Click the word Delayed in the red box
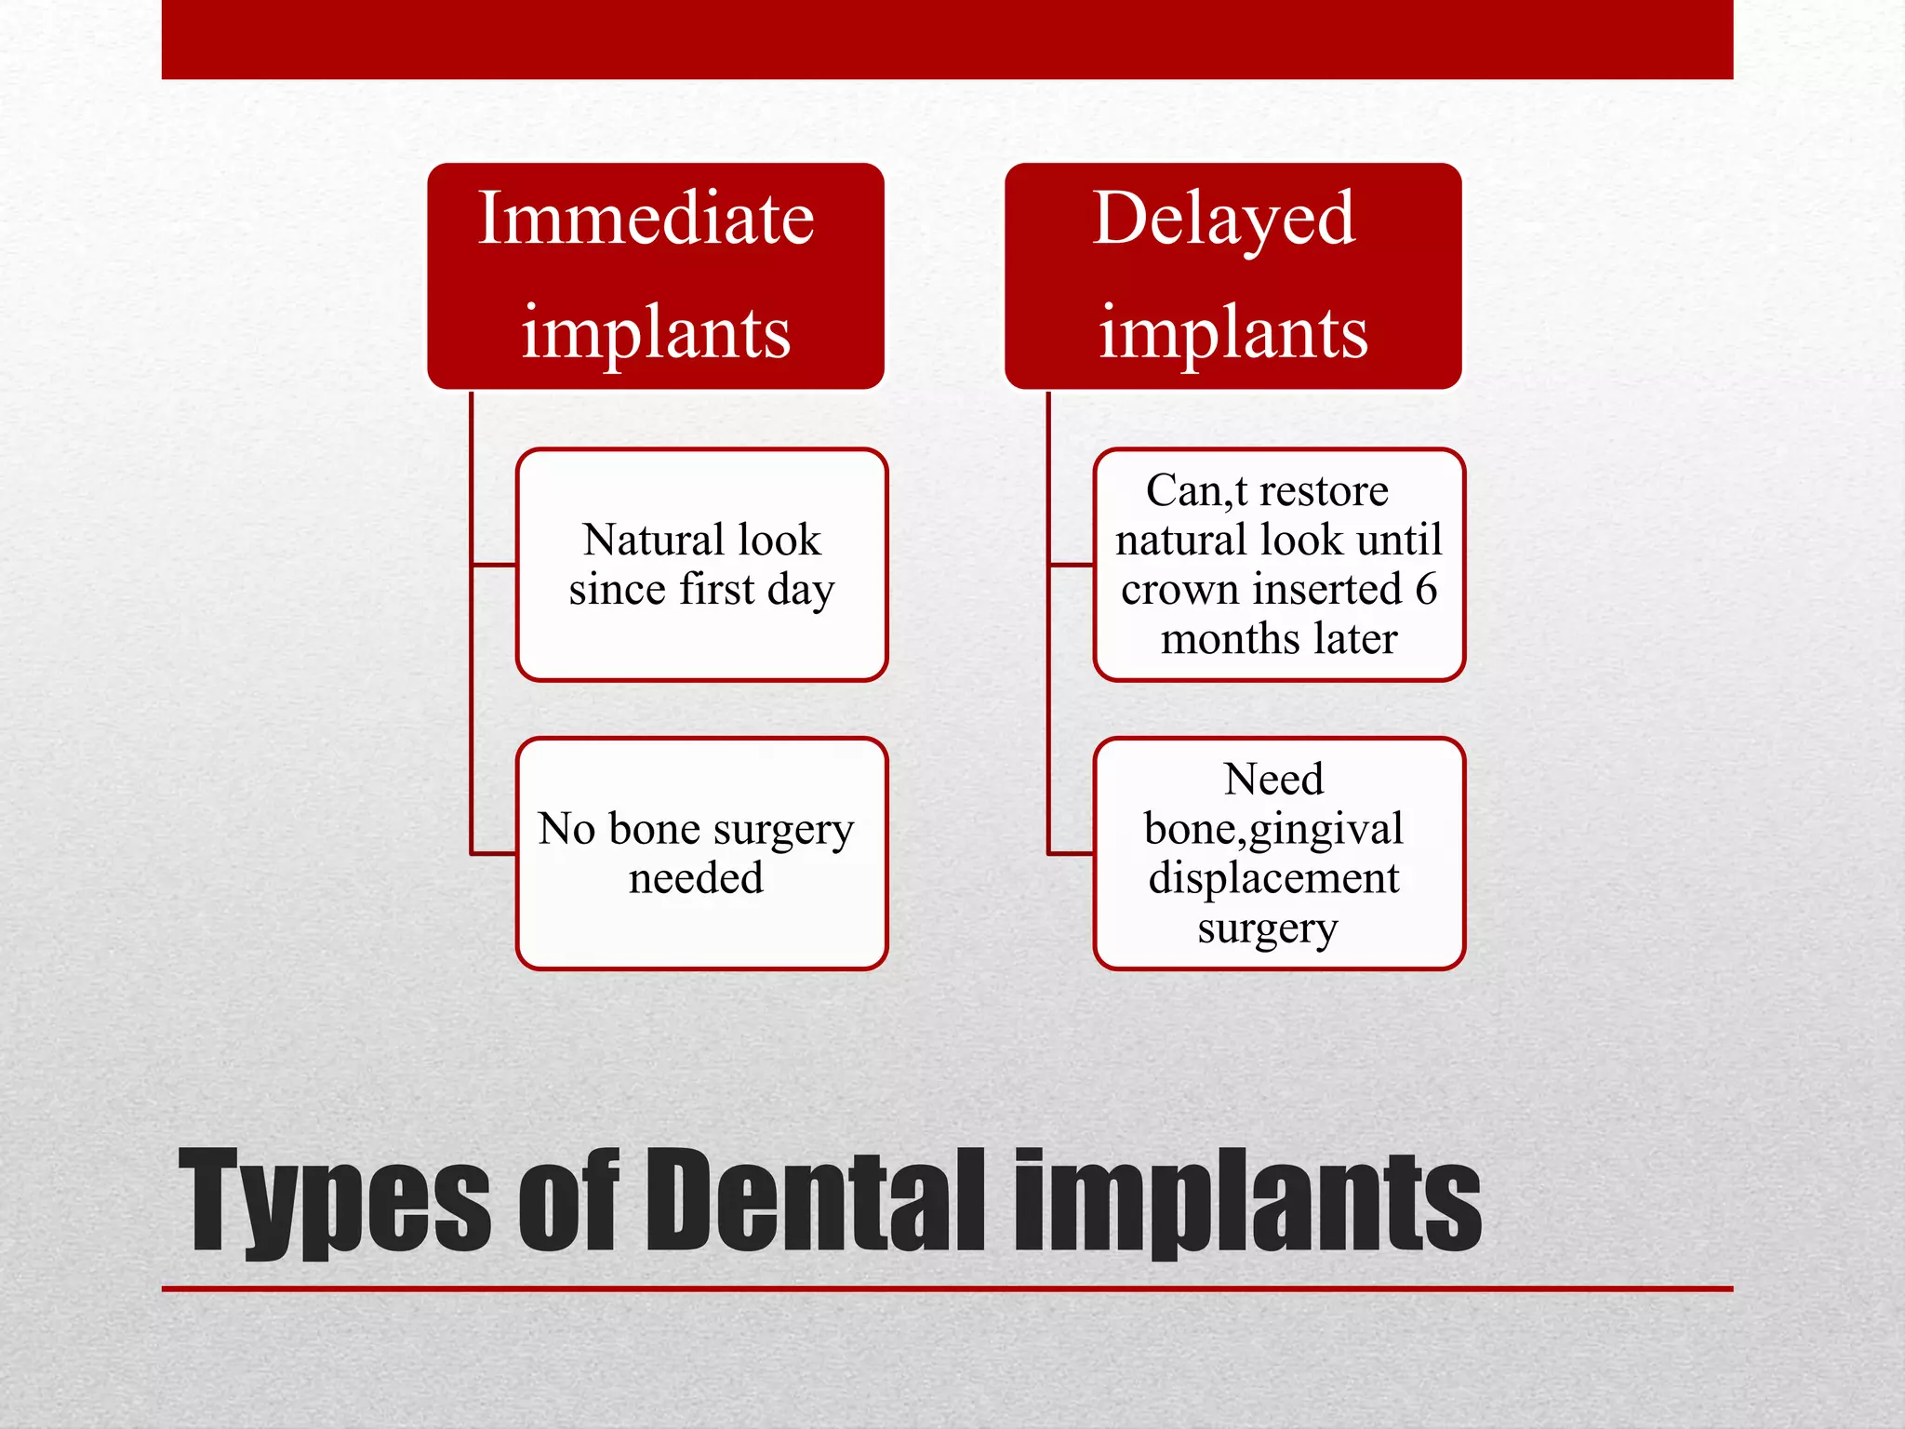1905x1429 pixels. pyautogui.click(x=1223, y=220)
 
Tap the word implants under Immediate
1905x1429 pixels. pyautogui.click(x=655, y=332)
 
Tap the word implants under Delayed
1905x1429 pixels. pyautogui.click(x=1232, y=332)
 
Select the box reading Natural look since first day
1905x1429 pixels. pyautogui.click(x=701, y=565)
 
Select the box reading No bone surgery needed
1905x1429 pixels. pyautogui.click(x=701, y=853)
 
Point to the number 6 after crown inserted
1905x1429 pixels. pyautogui.click(x=1426, y=589)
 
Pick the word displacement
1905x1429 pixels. pyautogui.click(x=1272, y=878)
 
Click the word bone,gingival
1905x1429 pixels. pyautogui.click(x=1272, y=829)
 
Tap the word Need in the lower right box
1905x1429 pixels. pyautogui.click(x=1272, y=779)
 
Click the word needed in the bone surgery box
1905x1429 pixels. pyautogui.click(x=695, y=878)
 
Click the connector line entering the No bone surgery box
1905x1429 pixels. pyautogui.click(x=494, y=853)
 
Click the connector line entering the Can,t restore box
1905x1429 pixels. pyautogui.click(x=1071, y=565)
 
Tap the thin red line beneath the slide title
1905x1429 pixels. pyautogui.click(x=947, y=1289)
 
